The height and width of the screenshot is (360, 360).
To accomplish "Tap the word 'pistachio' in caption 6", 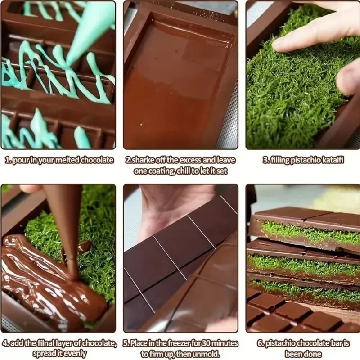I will pyautogui.click(x=283, y=343).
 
